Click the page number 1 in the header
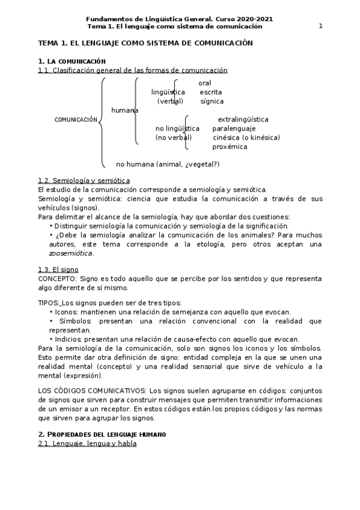[x=320, y=26]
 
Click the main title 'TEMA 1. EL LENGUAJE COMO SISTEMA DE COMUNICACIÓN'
[x=145, y=43]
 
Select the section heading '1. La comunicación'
[x=72, y=61]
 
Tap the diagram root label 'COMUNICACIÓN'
[x=76, y=120]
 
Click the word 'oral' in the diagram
[x=204, y=82]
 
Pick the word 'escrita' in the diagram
[x=210, y=92]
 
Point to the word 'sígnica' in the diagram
[x=212, y=101]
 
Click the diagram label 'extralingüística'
[x=242, y=120]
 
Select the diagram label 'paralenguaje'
[x=234, y=129]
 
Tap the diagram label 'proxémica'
[x=230, y=147]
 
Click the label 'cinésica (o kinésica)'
[x=246, y=138]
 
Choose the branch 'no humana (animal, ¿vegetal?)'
[x=167, y=164]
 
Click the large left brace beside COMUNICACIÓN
[x=102, y=121]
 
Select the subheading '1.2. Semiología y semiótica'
[x=84, y=180]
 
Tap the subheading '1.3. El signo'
[x=58, y=270]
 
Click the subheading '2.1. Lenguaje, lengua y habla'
[x=87, y=444]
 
